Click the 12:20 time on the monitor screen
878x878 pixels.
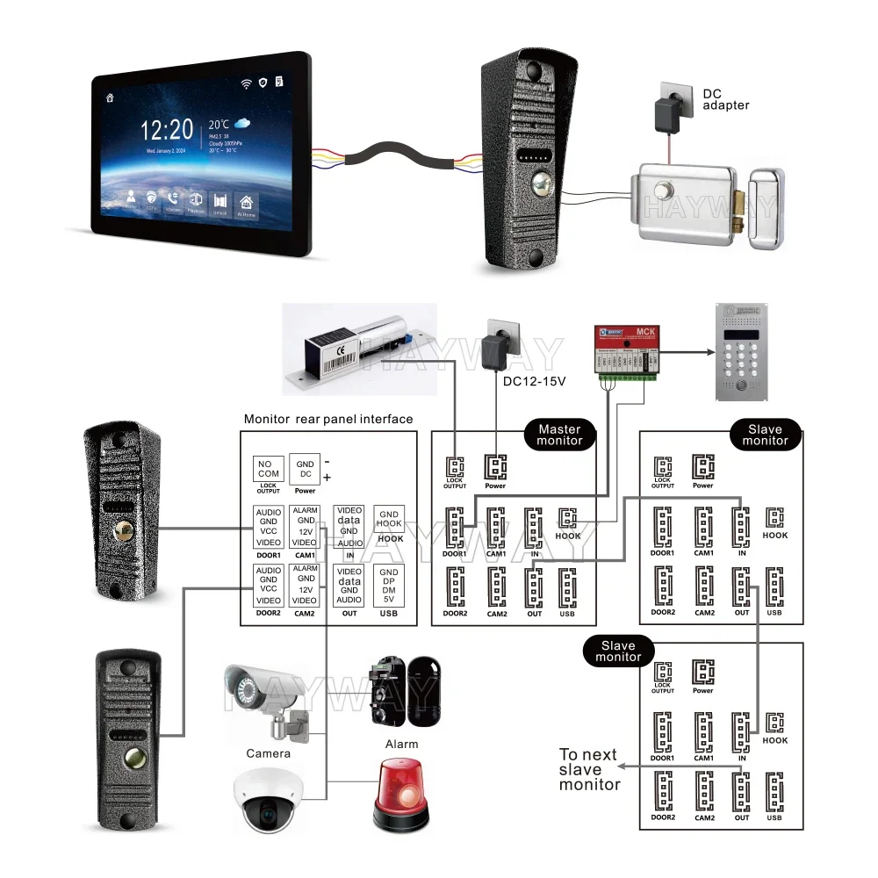[x=167, y=130]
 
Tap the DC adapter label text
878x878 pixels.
[x=726, y=99]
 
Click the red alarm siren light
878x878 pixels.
[x=402, y=795]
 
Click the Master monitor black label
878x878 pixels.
[x=559, y=435]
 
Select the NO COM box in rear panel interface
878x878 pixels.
[x=268, y=468]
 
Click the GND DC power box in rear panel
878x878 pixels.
[x=305, y=468]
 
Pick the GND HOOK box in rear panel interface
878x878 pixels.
[x=390, y=519]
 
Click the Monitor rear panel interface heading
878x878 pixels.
[x=327, y=420]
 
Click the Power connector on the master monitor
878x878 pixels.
[x=496, y=467]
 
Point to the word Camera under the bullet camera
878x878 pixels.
[x=268, y=753]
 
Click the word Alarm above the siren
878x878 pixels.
[x=401, y=744]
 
